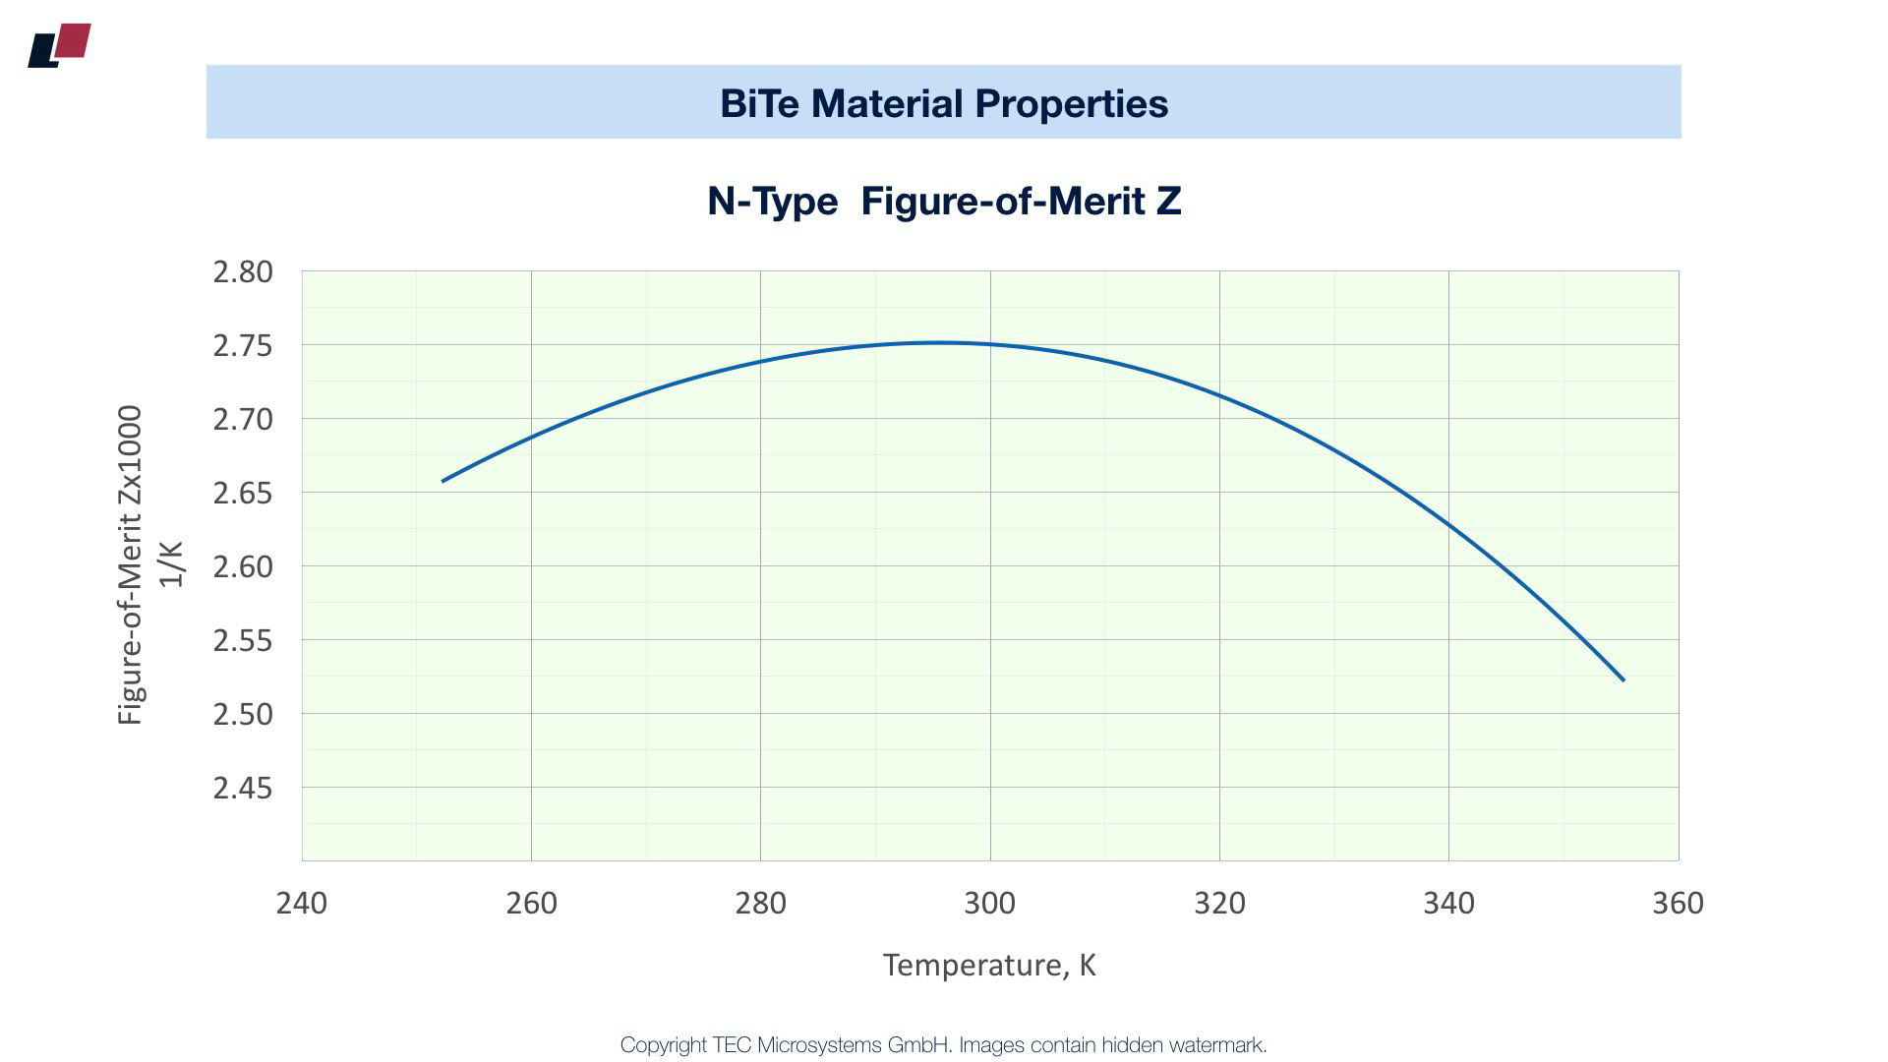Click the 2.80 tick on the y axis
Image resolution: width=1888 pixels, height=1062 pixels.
243,272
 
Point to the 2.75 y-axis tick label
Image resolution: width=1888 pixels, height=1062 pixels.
243,346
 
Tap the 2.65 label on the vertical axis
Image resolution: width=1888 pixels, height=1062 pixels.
243,494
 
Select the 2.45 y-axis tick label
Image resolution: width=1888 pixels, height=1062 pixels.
243,789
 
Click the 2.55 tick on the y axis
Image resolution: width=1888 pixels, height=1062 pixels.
243,641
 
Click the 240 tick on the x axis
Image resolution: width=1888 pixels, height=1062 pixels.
302,903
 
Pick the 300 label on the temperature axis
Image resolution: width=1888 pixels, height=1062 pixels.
989,903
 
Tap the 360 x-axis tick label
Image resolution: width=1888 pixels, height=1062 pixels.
1678,903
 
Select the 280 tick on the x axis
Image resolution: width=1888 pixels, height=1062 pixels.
760,903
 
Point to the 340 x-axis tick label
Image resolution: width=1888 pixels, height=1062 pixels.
1448,903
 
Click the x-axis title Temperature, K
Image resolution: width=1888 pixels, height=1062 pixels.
989,965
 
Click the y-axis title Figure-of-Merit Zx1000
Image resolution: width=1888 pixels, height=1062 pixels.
131,565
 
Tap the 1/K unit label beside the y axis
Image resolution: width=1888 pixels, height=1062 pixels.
172,565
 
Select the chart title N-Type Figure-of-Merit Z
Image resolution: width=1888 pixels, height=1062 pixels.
944,202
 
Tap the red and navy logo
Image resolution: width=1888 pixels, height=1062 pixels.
60,45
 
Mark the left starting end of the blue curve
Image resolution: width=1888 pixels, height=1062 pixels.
443,481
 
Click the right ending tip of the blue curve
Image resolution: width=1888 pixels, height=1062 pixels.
1623,679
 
